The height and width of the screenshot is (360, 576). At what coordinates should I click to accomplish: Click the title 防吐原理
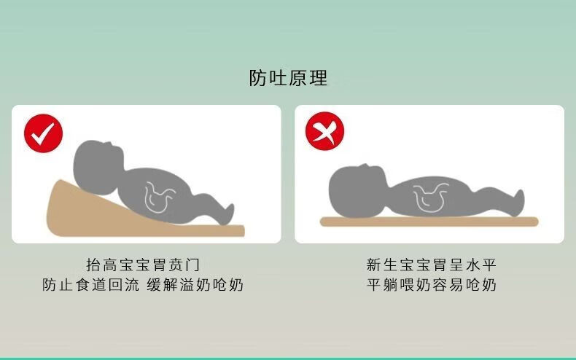pos(288,78)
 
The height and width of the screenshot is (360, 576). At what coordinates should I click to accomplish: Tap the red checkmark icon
pos(43,133)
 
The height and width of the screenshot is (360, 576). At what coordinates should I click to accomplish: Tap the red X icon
pos(324,131)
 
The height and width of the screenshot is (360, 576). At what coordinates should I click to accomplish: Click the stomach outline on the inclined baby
pos(159,197)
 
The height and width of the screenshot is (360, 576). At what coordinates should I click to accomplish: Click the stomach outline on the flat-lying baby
pos(429,197)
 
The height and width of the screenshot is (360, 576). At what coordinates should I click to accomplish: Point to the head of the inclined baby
pos(98,166)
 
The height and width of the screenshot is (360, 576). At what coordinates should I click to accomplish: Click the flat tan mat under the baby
pos(429,222)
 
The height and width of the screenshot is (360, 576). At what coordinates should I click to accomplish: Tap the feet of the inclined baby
pos(227,214)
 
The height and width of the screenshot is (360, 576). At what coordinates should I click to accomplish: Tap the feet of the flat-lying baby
pos(518,202)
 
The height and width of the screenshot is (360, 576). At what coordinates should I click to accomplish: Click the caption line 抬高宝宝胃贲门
pos(142,265)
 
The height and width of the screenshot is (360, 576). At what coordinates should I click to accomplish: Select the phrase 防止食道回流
pos(90,285)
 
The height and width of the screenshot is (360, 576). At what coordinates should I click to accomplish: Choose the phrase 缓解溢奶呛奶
pos(195,285)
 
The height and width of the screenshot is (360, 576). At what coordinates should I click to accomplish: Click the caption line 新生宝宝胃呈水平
pos(431,265)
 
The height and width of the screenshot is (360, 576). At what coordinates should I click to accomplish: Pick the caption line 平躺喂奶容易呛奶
pos(431,285)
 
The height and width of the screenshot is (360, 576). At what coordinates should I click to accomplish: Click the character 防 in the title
pos(258,78)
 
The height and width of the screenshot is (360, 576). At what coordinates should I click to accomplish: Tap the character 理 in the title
pos(318,78)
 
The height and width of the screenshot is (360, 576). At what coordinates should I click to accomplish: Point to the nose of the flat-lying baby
pos(365,166)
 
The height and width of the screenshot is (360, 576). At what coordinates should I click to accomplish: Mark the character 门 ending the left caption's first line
pos(192,265)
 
